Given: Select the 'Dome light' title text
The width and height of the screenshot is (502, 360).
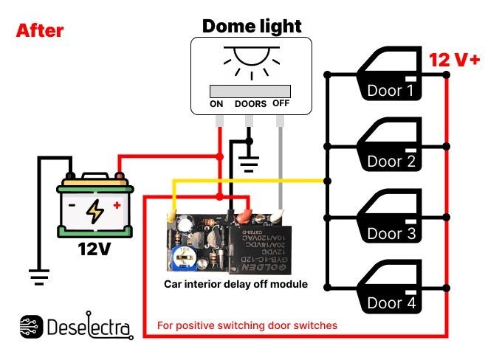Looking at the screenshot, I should pyautogui.click(x=252, y=27).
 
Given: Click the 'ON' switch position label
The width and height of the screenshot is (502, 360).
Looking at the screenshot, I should pyautogui.click(x=216, y=104).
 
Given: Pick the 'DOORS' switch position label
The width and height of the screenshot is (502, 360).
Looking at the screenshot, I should pyautogui.click(x=250, y=104).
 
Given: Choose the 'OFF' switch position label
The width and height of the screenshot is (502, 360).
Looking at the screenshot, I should pyautogui.click(x=281, y=103).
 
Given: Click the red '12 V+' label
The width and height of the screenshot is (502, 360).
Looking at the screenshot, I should pyautogui.click(x=454, y=60).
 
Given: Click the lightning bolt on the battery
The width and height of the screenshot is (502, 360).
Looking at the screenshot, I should pyautogui.click(x=95, y=212).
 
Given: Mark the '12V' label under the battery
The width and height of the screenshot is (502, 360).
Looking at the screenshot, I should pyautogui.click(x=94, y=249).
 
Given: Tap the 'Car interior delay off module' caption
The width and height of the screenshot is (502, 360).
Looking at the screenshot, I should pyautogui.click(x=235, y=283).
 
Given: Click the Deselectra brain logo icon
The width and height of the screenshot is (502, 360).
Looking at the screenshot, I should pyautogui.click(x=31, y=327).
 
